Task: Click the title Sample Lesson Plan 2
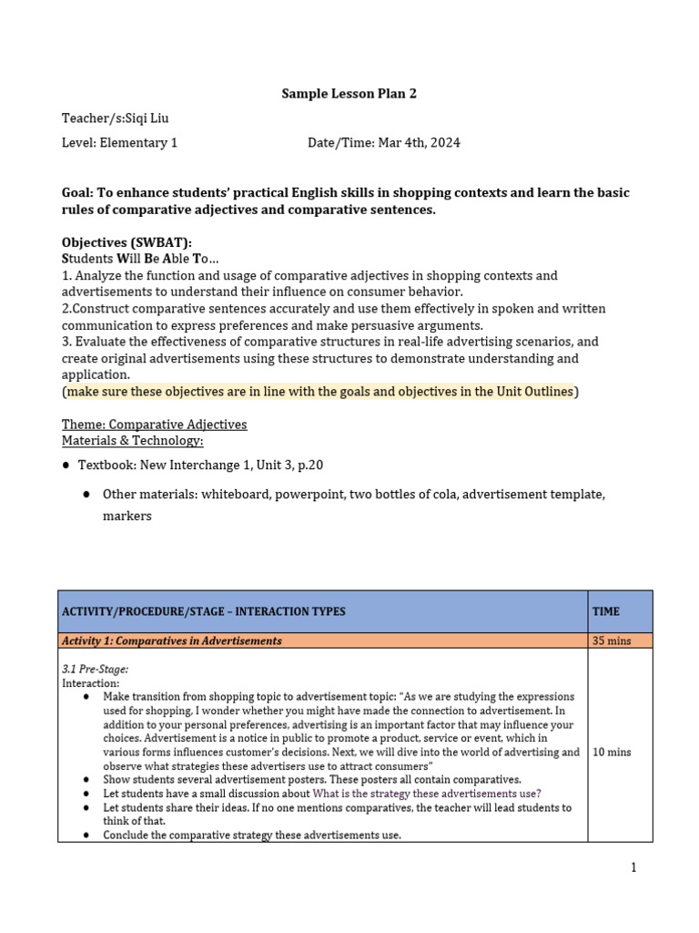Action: pos(349,93)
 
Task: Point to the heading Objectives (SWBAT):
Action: pos(127,242)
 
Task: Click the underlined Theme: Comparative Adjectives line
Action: pos(154,425)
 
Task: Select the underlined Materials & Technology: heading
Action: pos(133,441)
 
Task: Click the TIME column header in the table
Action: pos(606,611)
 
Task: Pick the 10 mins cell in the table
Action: pos(612,753)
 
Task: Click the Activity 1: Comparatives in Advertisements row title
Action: pos(172,641)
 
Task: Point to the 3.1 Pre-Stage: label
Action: pos(95,669)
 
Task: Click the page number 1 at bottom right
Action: pos(633,867)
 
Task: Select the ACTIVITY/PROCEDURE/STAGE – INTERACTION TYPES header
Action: pos(204,611)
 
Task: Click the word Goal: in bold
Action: pos(78,193)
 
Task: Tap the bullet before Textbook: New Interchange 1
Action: pos(66,466)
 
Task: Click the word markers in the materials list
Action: pos(127,516)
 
